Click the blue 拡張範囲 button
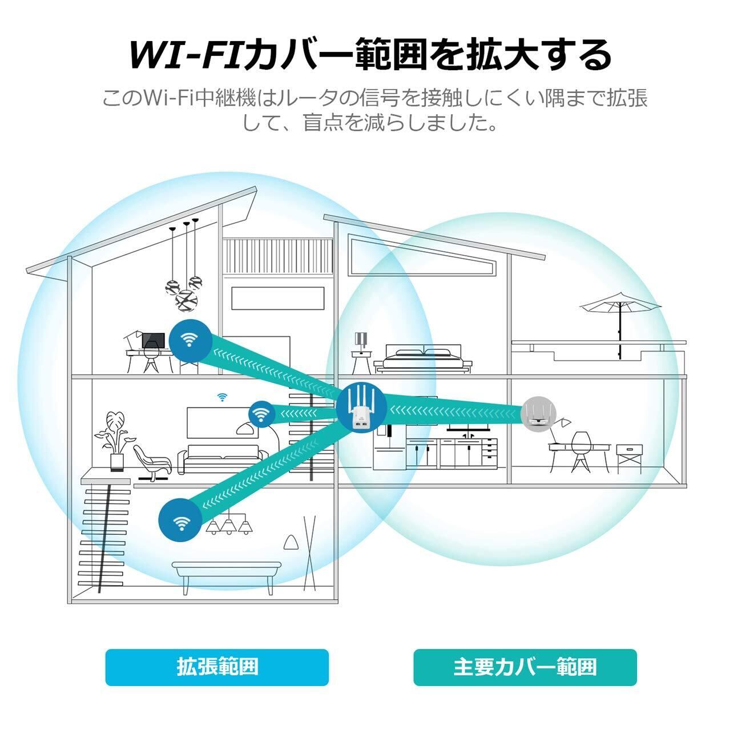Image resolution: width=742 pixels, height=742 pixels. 217,667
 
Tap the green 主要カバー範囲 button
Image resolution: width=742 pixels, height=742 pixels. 525,667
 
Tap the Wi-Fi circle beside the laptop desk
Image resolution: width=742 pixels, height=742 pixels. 190,341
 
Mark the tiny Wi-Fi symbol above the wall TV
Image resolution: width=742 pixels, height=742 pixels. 221,396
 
